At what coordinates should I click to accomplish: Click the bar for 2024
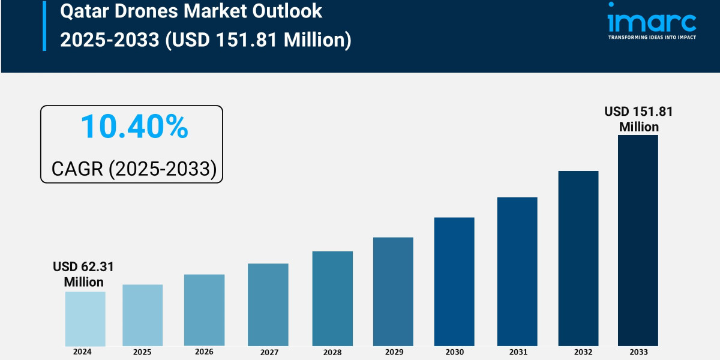[85, 319]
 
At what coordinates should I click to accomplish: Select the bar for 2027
[268, 305]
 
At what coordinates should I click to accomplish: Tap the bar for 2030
[454, 281]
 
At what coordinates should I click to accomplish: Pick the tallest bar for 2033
[638, 240]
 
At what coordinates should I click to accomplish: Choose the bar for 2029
[393, 292]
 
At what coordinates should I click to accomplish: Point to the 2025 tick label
[142, 352]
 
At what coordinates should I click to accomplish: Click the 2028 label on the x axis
[332, 353]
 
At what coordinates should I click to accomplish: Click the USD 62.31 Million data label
[83, 274]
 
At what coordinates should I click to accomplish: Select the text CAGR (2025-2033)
[133, 169]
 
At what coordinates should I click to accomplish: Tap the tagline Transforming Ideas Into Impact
[652, 37]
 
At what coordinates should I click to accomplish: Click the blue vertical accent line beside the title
[44, 25]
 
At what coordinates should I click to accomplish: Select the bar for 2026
[204, 310]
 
